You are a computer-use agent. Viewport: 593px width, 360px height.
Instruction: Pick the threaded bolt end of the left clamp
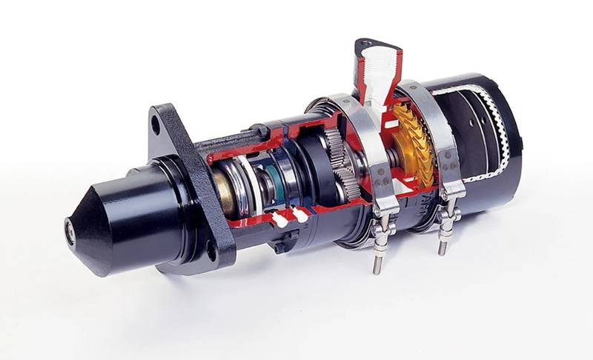(377, 263)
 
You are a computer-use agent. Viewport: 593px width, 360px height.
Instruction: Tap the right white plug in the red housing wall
(299, 215)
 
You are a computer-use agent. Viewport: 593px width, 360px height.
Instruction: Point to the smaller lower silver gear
(345, 178)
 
